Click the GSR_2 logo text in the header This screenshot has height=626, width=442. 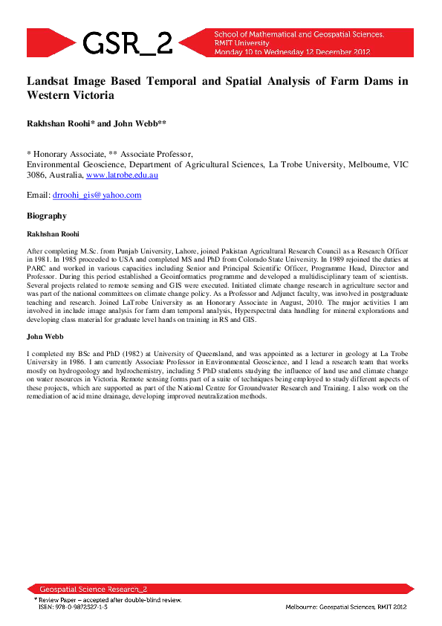(x=128, y=43)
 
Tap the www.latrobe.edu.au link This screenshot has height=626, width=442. (x=122, y=175)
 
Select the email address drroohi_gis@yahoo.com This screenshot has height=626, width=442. (x=97, y=196)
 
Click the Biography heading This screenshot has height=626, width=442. (x=47, y=216)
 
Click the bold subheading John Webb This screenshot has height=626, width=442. (x=44, y=337)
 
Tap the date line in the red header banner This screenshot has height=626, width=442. (x=291, y=52)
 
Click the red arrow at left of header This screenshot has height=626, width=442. (x=49, y=42)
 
